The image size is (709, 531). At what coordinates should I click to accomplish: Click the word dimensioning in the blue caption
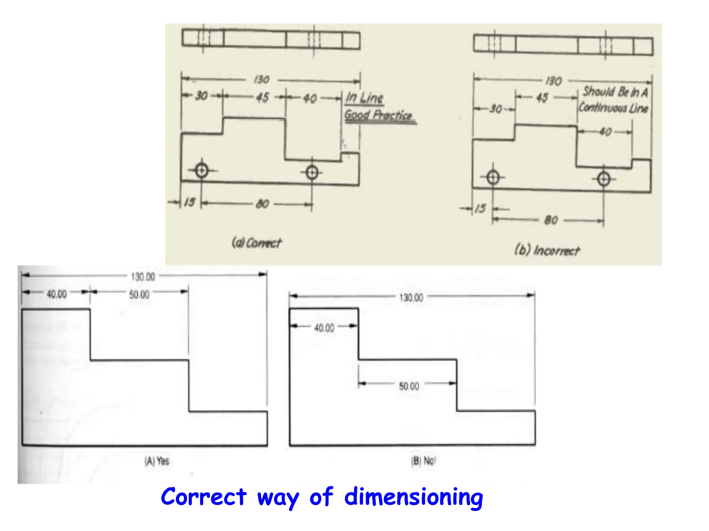(413, 497)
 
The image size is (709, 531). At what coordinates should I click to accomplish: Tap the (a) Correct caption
(257, 243)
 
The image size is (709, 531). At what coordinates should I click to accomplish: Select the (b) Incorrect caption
(547, 250)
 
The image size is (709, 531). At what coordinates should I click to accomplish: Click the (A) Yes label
(157, 461)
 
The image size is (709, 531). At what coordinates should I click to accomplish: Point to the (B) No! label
(423, 461)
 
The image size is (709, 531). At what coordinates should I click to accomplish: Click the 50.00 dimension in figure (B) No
(409, 386)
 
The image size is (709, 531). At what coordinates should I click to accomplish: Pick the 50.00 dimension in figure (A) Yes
(139, 295)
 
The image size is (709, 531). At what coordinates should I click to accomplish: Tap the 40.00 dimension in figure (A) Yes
(57, 294)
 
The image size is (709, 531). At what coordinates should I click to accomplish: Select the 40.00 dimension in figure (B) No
(324, 328)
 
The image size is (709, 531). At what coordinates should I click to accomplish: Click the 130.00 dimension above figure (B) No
(411, 298)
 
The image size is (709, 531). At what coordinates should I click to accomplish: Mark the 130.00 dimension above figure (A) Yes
(143, 277)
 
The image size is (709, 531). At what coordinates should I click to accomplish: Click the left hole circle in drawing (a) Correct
(201, 170)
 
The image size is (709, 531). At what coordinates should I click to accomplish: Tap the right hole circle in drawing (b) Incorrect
(604, 179)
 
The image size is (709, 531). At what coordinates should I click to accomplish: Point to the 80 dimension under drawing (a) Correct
(262, 204)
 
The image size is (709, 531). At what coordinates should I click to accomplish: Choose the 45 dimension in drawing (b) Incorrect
(542, 98)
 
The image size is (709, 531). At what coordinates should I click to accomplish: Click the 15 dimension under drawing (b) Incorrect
(480, 208)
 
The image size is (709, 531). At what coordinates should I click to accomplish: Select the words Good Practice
(378, 115)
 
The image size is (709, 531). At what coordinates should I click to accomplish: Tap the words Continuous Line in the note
(613, 108)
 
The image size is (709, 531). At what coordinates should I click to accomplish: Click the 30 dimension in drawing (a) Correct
(201, 96)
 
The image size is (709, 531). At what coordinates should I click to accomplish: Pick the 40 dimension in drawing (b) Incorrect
(605, 132)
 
